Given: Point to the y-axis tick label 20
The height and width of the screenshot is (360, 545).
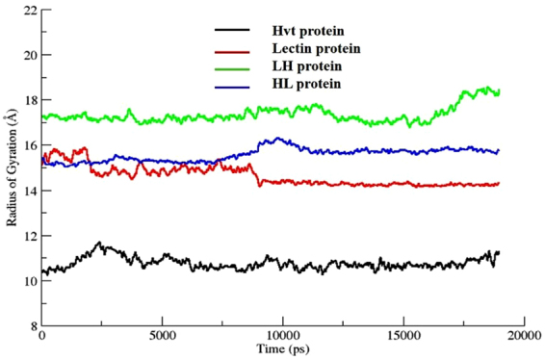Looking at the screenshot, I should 29,55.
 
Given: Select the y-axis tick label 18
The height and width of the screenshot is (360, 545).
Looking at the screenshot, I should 29,100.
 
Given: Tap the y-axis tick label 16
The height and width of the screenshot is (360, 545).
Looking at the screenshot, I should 29,145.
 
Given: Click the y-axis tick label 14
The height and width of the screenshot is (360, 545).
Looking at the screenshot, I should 29,191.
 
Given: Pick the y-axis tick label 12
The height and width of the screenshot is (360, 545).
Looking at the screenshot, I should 29,236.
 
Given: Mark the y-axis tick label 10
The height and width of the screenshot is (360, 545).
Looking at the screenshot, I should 29,281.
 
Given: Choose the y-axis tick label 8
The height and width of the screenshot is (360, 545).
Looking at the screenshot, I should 33,326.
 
